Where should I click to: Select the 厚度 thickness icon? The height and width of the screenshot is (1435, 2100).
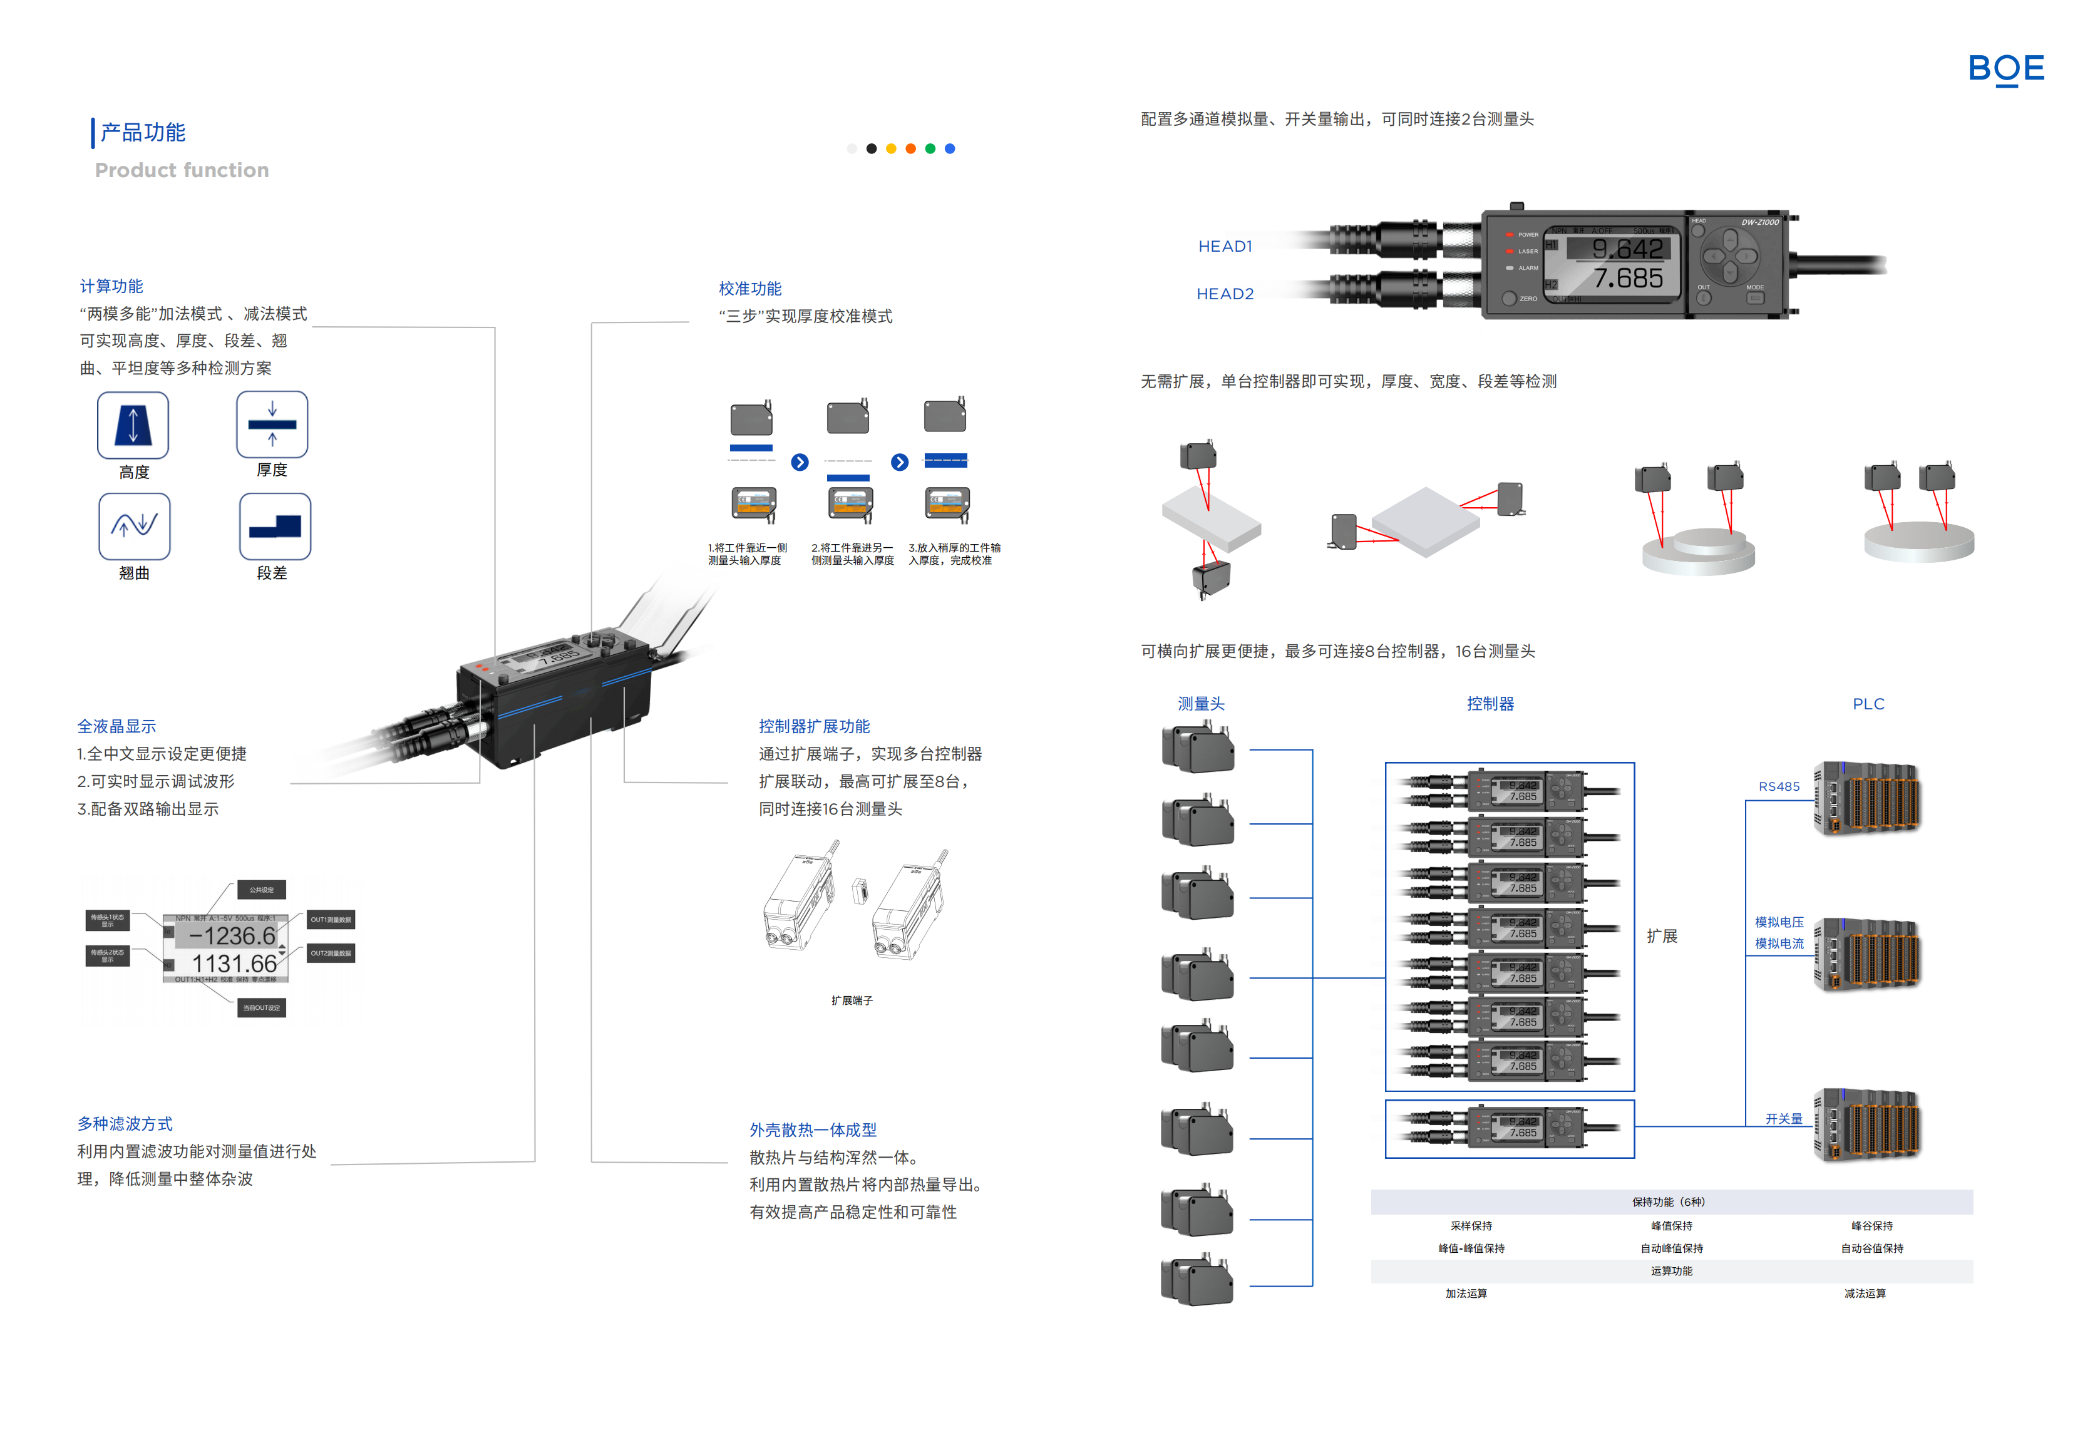point(272,424)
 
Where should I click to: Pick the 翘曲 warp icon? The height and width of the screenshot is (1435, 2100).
point(135,526)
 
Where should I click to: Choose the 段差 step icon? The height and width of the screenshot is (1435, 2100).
point(275,526)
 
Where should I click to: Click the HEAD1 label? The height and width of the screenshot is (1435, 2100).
point(1225,247)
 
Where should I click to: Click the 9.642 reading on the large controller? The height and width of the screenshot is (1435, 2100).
point(1627,249)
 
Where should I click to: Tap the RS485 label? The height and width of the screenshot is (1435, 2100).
point(1778,787)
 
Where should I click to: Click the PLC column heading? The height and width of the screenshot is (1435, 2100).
point(1868,704)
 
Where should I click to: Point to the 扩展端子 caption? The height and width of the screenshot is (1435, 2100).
point(851,1001)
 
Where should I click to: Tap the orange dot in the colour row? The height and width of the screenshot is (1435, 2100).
point(911,149)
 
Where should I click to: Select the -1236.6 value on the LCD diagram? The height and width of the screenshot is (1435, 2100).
point(232,935)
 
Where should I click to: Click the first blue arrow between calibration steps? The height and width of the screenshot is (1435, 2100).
point(800,463)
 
